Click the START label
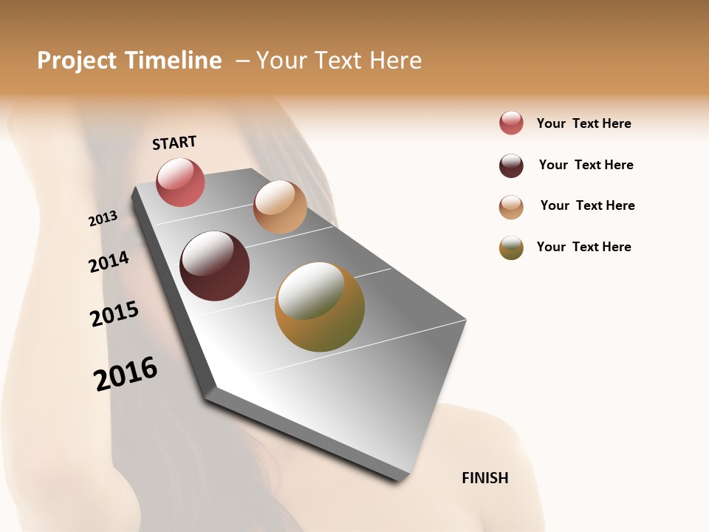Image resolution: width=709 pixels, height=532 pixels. click(x=174, y=143)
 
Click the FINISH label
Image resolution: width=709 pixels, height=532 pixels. click(x=484, y=478)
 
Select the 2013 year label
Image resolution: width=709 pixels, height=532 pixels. click(x=103, y=219)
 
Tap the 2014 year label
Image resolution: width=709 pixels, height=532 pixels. click(x=109, y=262)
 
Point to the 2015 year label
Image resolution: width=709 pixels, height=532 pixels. click(x=114, y=314)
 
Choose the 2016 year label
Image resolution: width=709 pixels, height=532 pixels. click(x=126, y=373)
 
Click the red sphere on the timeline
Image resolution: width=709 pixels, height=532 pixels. click(x=180, y=182)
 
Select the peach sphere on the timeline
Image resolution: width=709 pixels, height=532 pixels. click(x=280, y=207)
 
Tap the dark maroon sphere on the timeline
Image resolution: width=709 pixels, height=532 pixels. click(x=214, y=266)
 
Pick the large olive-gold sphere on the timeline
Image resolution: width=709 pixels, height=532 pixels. click(x=319, y=307)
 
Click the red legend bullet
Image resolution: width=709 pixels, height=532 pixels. click(x=511, y=123)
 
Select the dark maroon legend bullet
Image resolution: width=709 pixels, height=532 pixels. click(x=511, y=166)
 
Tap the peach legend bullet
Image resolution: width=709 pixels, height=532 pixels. click(x=511, y=207)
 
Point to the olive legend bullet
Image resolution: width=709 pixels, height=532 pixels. click(x=511, y=248)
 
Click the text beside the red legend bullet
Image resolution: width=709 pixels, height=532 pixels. click(x=583, y=123)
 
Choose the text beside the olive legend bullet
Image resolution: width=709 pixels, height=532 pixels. click(x=583, y=247)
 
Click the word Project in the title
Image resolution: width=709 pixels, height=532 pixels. click(x=77, y=61)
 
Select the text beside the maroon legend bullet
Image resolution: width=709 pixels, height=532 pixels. click(x=586, y=165)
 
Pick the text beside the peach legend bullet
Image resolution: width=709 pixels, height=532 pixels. click(x=587, y=205)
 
